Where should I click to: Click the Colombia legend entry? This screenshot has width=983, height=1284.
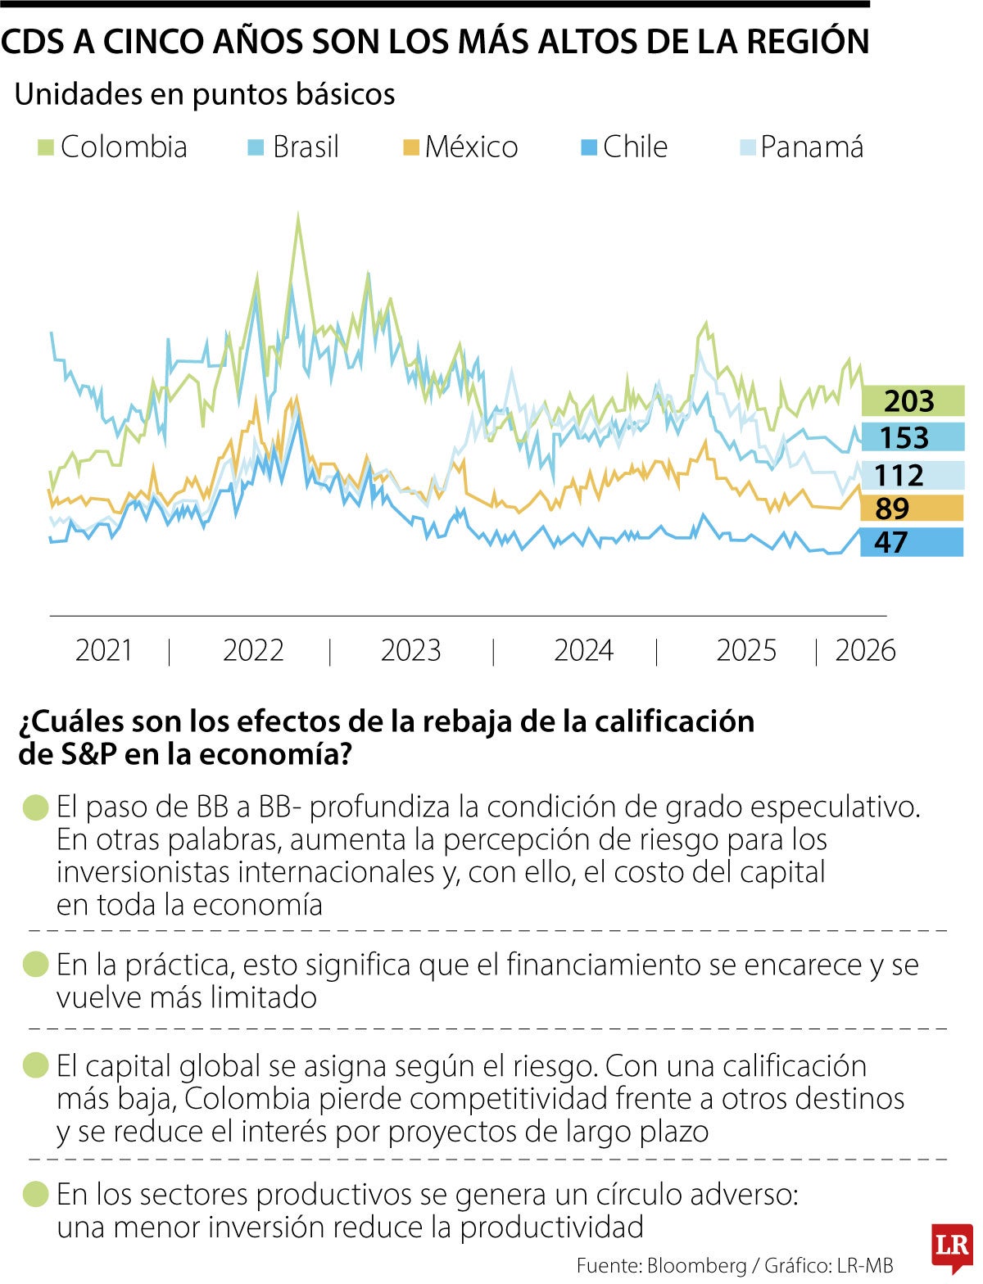pos(113,147)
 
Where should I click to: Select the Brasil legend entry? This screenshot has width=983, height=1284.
pos(293,147)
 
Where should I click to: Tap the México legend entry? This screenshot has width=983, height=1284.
pos(460,147)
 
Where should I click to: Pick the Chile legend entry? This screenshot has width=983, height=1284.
pos(624,147)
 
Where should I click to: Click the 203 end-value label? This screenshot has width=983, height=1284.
pos(911,401)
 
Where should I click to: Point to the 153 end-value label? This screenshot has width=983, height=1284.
pos(911,437)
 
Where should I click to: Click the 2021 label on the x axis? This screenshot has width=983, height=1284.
pos(104,651)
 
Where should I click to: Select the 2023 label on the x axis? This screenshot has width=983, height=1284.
pos(410,651)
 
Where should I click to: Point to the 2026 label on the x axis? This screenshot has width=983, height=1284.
pos(865,651)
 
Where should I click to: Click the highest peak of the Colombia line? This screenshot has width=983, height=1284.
pos(297,215)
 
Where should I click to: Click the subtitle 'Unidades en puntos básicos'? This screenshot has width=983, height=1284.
pos(205,94)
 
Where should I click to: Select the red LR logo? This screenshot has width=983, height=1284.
pos(951,1247)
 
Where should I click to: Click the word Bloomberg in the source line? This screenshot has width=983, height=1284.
pos(696,1265)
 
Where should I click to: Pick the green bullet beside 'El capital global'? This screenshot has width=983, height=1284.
pos(37,1066)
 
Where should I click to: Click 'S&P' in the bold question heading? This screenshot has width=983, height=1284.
pos(89,753)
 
